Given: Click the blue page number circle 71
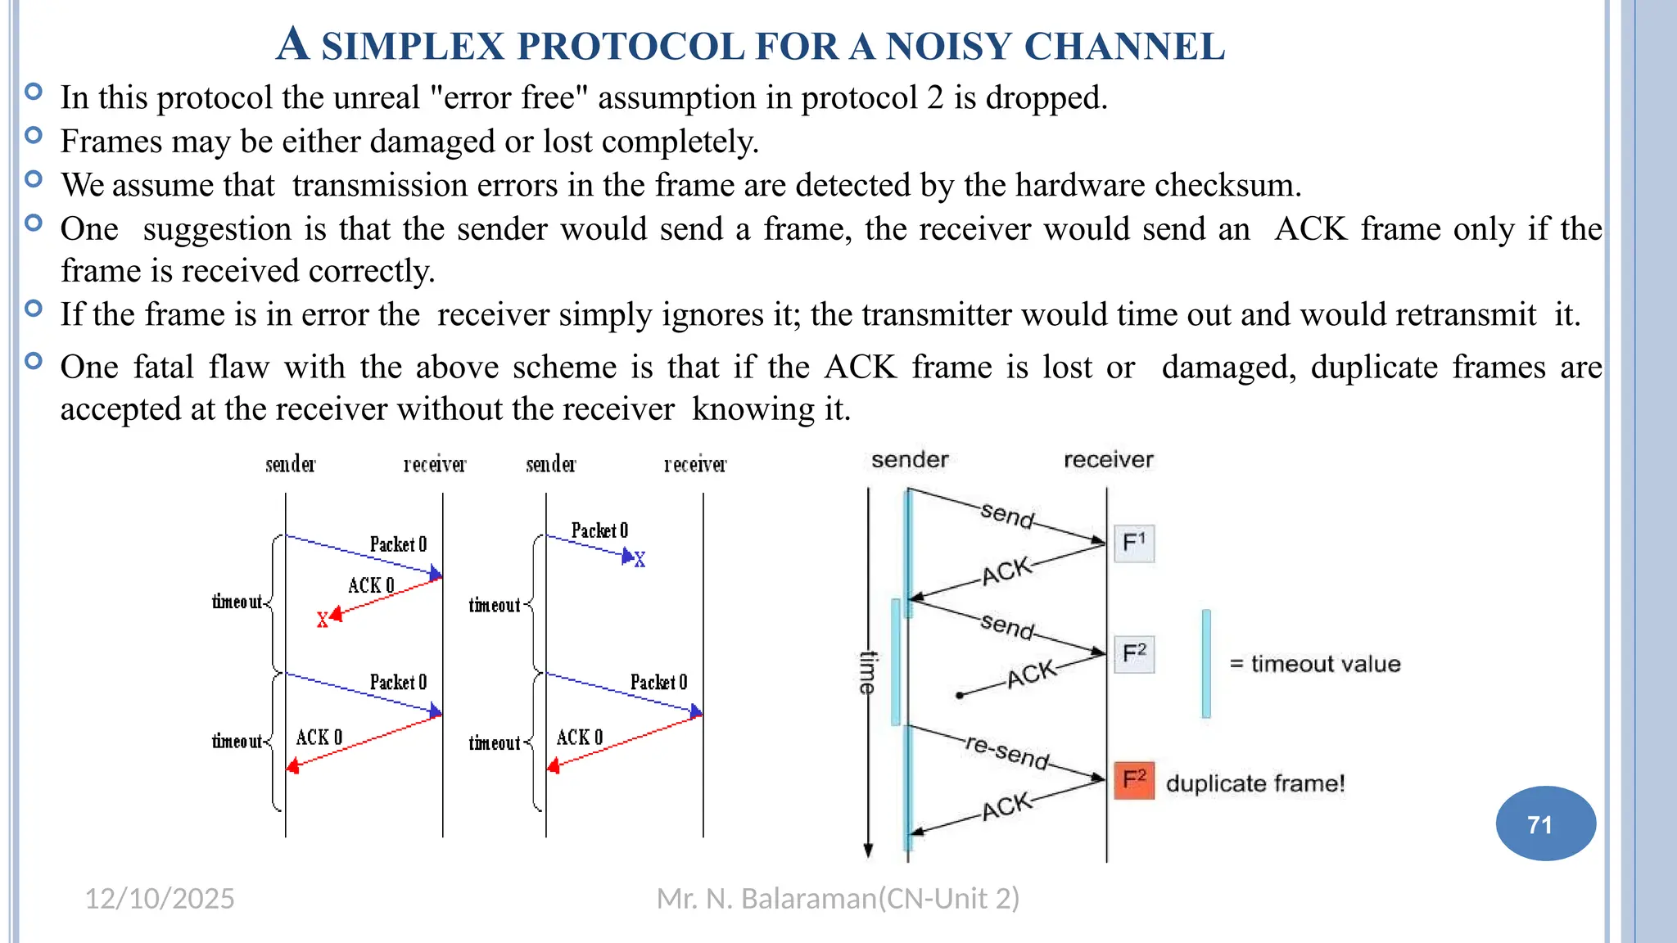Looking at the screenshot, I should pyautogui.click(x=1545, y=823).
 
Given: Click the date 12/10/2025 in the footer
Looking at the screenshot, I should pyautogui.click(x=160, y=899).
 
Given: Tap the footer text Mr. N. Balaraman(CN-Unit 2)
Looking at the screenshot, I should pyautogui.click(x=838, y=899).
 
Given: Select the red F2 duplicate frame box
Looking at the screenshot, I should pyautogui.click(x=1134, y=779).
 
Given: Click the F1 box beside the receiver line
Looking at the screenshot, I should pyautogui.click(x=1134, y=543).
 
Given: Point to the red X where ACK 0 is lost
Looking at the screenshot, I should pyautogui.click(x=323, y=620).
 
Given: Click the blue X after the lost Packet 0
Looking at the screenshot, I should pyautogui.click(x=640, y=560).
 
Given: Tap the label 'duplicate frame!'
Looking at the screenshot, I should pyautogui.click(x=1255, y=783).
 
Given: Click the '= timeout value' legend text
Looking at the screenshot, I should pyautogui.click(x=1315, y=664).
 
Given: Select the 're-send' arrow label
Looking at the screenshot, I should pyautogui.click(x=1007, y=751).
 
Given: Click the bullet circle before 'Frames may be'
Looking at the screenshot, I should pyautogui.click(x=34, y=135).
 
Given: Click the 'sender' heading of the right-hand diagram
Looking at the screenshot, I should pyautogui.click(x=910, y=460).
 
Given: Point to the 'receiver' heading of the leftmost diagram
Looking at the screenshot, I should pyautogui.click(x=435, y=465).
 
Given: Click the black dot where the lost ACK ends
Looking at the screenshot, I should pyautogui.click(x=960, y=695).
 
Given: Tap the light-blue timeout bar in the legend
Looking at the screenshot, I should pyautogui.click(x=1206, y=663).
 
